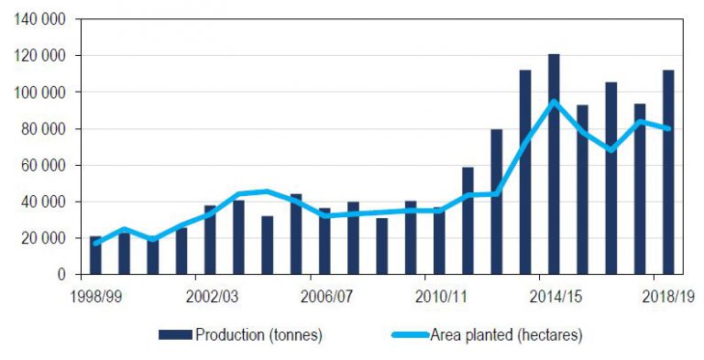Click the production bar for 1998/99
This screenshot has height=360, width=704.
95,256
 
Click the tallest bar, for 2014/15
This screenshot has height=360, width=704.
554,165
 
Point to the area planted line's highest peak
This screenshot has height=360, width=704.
554,102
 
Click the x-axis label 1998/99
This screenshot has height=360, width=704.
95,296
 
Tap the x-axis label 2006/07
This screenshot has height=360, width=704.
324,296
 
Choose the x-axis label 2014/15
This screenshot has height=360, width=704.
554,296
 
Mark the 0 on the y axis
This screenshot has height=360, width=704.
64,275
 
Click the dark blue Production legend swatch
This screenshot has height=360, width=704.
174,335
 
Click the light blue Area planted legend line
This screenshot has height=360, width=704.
409,335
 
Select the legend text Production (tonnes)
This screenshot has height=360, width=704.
258,335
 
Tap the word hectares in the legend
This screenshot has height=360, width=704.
547,335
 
